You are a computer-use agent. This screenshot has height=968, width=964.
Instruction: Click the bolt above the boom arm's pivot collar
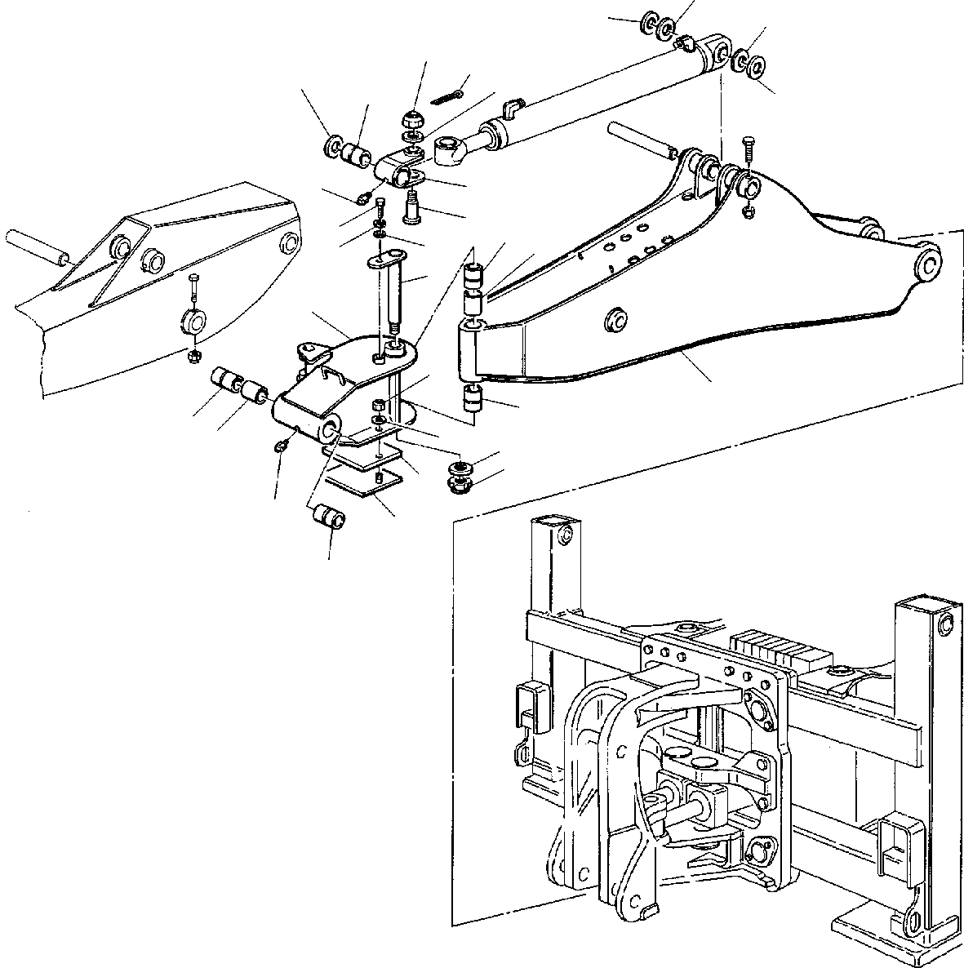749,154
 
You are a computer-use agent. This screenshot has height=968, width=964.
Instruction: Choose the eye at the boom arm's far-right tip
928,264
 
